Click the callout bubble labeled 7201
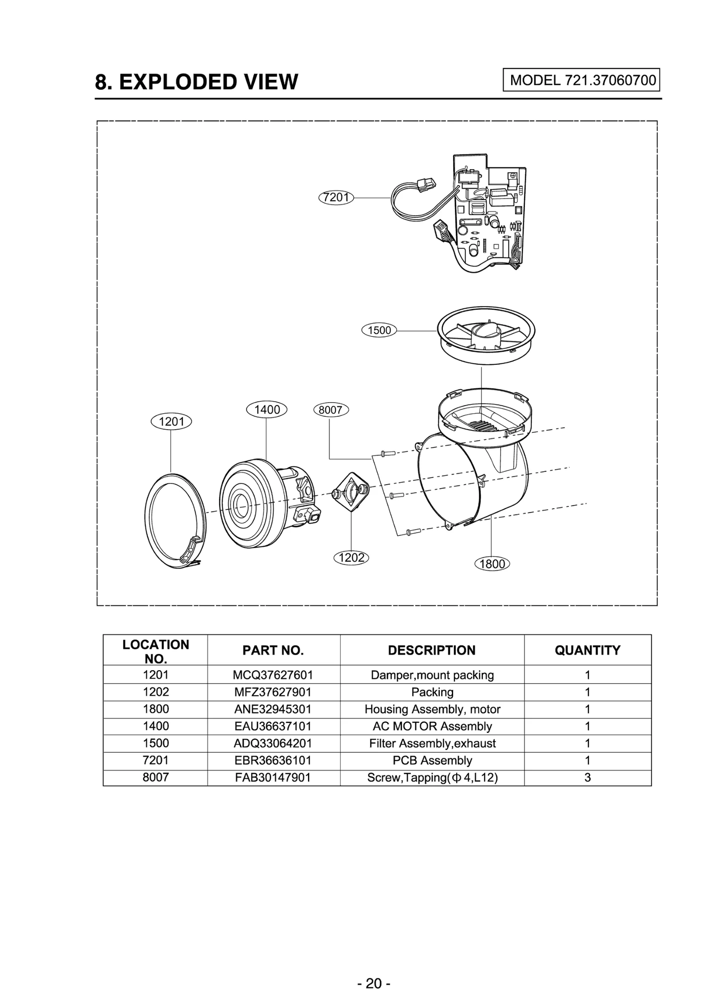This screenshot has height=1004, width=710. [336, 198]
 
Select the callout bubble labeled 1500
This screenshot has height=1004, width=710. [379, 330]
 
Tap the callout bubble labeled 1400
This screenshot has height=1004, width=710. [266, 409]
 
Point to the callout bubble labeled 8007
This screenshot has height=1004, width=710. [331, 410]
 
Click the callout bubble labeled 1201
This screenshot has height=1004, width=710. [171, 421]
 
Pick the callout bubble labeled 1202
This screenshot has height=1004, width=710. [351, 557]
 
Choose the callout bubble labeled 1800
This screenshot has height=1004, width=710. [492, 564]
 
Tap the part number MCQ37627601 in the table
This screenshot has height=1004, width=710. [273, 675]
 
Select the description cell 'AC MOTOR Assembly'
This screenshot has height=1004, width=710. [432, 726]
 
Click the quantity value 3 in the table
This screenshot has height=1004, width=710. [587, 777]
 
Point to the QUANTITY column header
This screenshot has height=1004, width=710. [587, 650]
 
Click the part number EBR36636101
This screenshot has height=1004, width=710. [273, 760]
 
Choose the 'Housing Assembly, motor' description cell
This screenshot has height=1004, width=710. [432, 709]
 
